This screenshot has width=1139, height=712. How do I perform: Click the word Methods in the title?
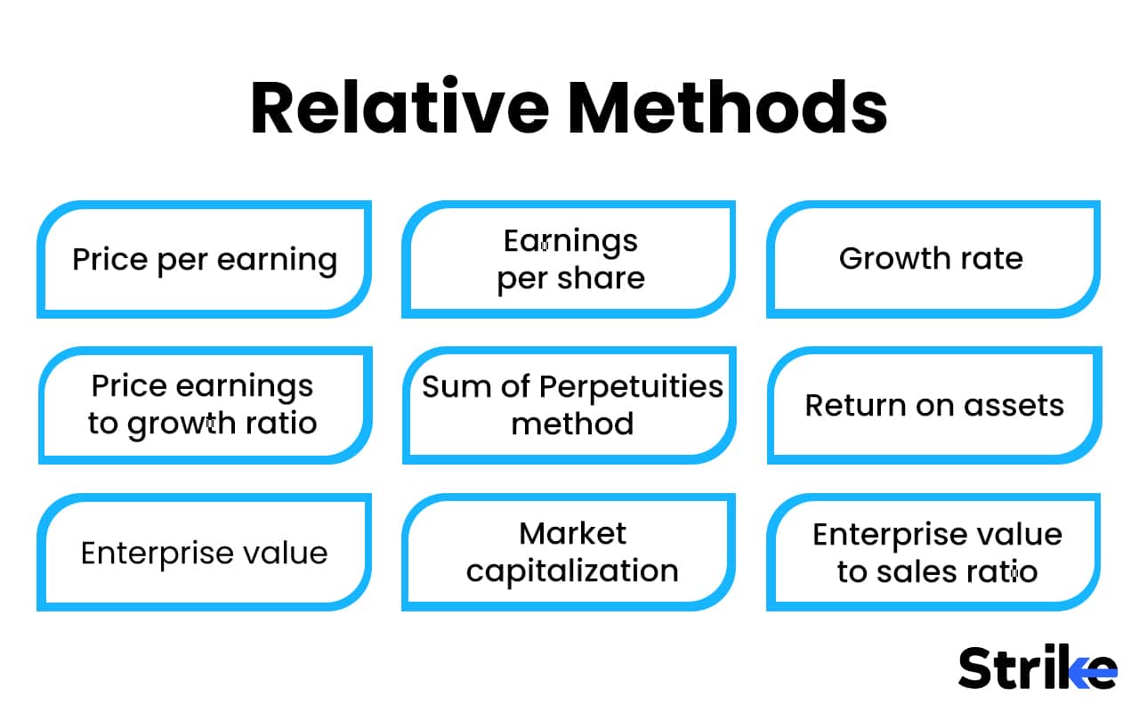coord(728,108)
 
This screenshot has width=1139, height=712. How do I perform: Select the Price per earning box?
coord(205,259)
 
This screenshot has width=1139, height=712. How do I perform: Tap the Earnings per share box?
coord(569,259)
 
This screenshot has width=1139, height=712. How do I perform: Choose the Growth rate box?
coord(933,259)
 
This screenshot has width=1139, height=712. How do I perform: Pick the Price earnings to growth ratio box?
coord(205,405)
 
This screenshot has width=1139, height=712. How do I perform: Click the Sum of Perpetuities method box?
coord(569,405)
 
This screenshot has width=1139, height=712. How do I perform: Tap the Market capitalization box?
coord(569,552)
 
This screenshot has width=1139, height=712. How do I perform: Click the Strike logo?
coord(1037,667)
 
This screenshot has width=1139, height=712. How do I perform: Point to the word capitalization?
coord(572,570)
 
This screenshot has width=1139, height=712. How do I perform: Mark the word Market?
coord(572,533)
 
